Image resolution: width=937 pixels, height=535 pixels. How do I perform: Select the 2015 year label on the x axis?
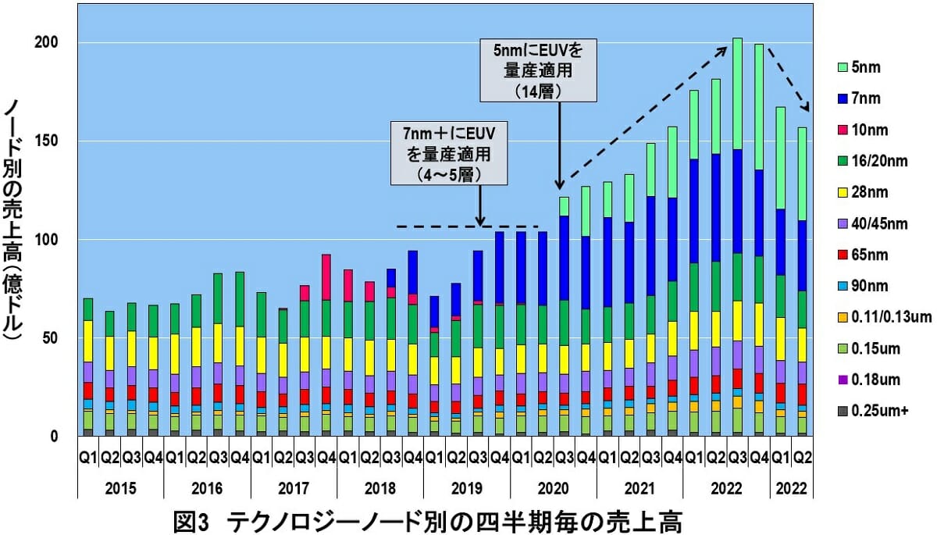click(x=120, y=488)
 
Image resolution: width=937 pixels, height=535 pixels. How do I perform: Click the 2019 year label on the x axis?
click(x=466, y=488)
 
